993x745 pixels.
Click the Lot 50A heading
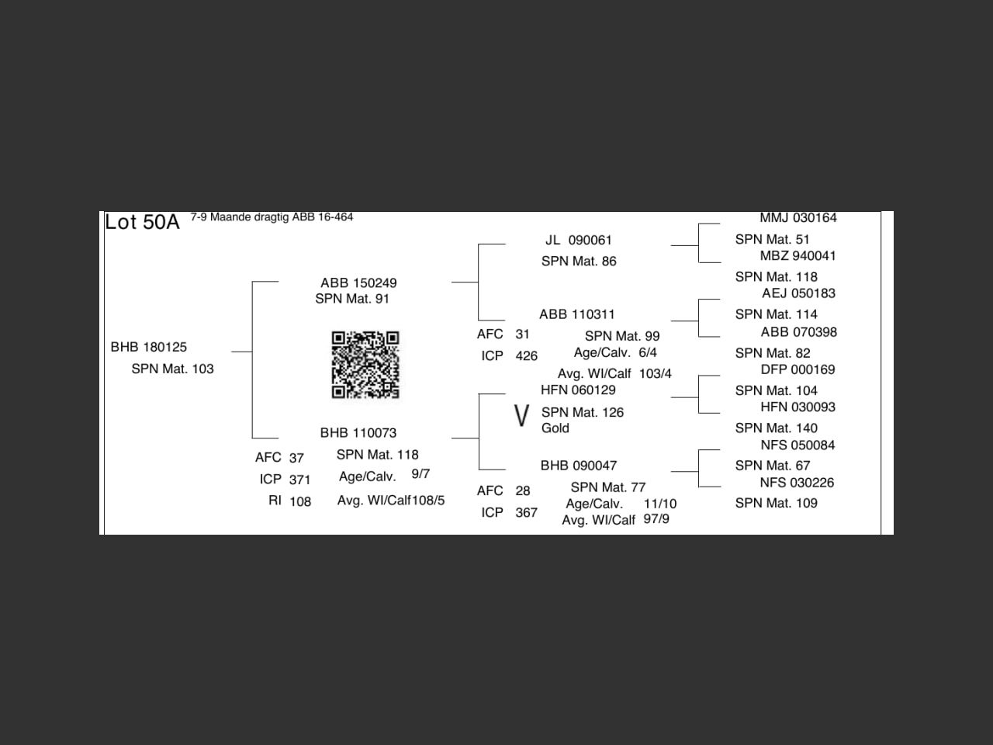[x=142, y=223]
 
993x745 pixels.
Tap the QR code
[x=365, y=365]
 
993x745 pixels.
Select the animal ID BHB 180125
[x=149, y=347]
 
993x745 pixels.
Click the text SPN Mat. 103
[x=172, y=369]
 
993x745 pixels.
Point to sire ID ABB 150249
[x=358, y=282]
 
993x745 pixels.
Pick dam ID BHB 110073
[x=358, y=432]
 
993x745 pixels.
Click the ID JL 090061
[x=579, y=240]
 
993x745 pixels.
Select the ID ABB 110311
[x=577, y=314]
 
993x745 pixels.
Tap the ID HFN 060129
[x=578, y=390]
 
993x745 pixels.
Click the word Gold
[x=555, y=428]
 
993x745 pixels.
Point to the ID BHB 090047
[x=579, y=466]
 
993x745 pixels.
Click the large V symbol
[x=521, y=417]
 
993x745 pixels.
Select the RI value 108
[x=300, y=501]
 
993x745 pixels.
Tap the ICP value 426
[x=526, y=356]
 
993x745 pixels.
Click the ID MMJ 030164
[x=798, y=218]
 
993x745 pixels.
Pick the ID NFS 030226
[x=797, y=483]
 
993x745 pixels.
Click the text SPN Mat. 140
[x=777, y=428]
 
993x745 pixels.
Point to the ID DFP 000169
[x=798, y=369]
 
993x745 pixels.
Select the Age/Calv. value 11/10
[x=660, y=504]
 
